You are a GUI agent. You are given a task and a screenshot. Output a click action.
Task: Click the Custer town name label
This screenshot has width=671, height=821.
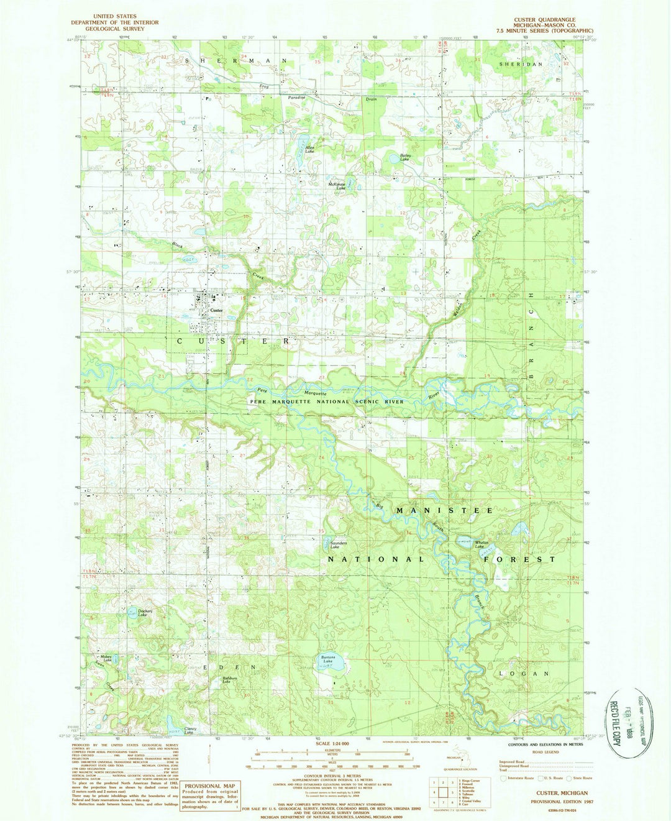point(216,310)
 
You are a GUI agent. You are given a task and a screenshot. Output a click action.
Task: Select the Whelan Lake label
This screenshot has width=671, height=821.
point(483,545)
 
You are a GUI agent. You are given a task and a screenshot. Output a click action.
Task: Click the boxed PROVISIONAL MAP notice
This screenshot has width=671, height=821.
point(209,796)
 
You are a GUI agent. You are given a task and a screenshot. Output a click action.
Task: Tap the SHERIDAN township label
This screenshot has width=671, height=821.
point(521,64)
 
